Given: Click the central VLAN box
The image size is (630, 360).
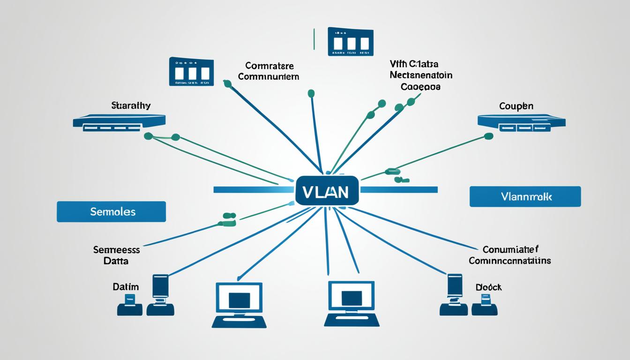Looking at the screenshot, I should coord(327,190).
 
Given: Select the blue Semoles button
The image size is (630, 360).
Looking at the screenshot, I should coord(111,211).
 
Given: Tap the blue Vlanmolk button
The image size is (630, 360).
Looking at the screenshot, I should coord(525,196).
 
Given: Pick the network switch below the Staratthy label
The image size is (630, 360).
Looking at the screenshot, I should coord(119,122).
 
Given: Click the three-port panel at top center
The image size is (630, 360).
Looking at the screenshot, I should coord(350,42).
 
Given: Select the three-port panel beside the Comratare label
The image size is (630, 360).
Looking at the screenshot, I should coord(191,72).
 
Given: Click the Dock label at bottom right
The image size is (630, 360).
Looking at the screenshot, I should coord(488,287).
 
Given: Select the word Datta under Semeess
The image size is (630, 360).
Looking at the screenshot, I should coord(116,261).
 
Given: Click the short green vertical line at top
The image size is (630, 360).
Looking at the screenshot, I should coord(313,39).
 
